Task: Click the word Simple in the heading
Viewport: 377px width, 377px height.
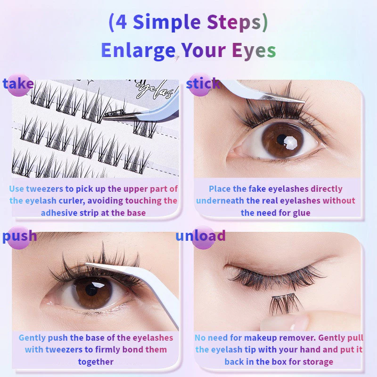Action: point(166,22)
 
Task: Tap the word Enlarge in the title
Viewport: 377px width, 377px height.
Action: point(138,50)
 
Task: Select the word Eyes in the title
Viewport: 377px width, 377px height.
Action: point(254,50)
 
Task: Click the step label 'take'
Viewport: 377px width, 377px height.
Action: point(18,84)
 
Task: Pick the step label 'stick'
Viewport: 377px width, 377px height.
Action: point(203,84)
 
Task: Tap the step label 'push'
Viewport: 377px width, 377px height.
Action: point(19,236)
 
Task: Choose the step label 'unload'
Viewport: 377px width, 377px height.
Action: point(200,236)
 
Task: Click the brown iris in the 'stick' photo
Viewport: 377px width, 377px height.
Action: point(283,139)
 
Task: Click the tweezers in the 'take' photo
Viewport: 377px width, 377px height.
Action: point(142,113)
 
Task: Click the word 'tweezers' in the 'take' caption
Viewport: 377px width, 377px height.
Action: point(44,189)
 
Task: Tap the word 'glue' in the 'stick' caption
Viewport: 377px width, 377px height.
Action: point(302,213)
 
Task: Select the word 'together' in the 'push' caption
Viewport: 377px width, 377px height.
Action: point(96,362)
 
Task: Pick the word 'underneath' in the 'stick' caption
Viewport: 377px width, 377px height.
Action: point(220,201)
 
